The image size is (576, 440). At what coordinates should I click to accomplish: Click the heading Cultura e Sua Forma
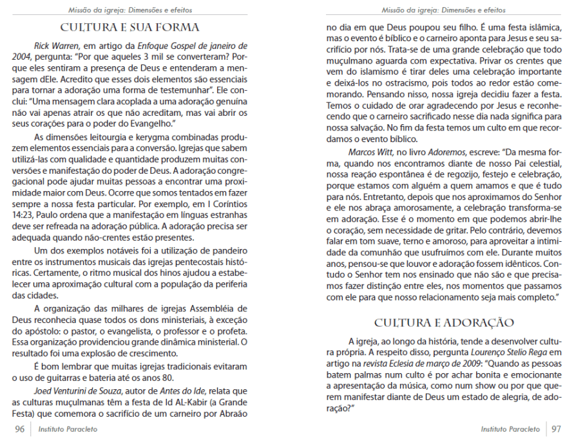tap(130, 27)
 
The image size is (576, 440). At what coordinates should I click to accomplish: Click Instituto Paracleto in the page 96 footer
tap(69, 429)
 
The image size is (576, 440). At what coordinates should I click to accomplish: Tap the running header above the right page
tap(444, 10)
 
